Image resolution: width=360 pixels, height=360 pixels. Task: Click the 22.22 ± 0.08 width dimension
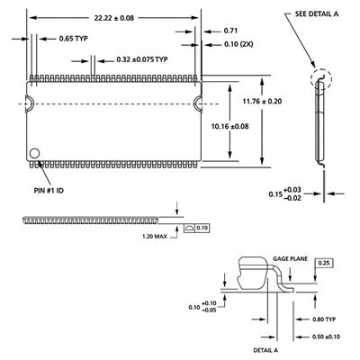point(114,18)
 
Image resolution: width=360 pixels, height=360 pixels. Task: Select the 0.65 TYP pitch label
point(74,39)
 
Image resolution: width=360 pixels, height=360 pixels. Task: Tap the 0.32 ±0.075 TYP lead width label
point(142,59)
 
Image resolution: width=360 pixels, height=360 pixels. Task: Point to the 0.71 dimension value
point(230,31)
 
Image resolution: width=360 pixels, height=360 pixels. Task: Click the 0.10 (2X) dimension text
point(238,44)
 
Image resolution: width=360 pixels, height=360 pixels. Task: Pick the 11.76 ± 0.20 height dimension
point(263,102)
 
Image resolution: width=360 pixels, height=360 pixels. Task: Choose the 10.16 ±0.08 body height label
point(230,126)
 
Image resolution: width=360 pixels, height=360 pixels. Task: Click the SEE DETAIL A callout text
point(317,13)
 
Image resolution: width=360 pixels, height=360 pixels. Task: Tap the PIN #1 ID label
point(49,191)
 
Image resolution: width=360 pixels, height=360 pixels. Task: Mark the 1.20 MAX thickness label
point(155,237)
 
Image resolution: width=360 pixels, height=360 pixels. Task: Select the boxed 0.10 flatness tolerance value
point(202,228)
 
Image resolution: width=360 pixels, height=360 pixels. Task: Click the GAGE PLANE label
point(290,258)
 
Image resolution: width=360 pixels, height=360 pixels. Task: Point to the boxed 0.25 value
point(324,263)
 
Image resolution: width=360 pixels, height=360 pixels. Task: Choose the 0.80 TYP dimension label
point(324,319)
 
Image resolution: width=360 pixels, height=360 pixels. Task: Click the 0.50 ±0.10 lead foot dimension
point(326,337)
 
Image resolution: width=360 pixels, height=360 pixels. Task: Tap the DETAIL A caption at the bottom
point(265,350)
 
